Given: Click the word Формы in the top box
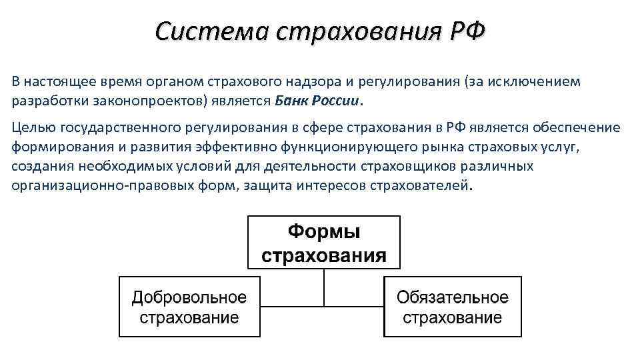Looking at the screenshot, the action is point(324,233).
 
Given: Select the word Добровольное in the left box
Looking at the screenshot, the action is point(189,297).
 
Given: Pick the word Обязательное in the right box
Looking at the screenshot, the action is point(453,297).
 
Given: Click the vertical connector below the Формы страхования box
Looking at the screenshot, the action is point(324,287).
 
